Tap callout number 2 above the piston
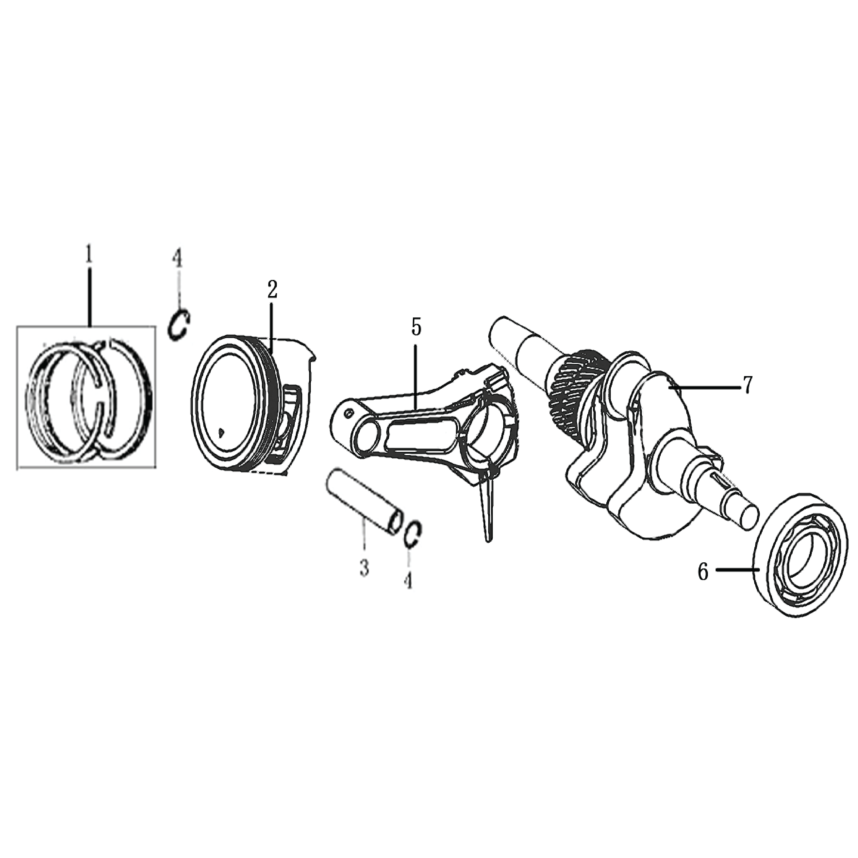[x=272, y=290]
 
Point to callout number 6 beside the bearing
[x=703, y=572]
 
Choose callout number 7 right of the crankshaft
[x=748, y=385]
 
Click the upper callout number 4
[x=177, y=258]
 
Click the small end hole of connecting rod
[x=366, y=435]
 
